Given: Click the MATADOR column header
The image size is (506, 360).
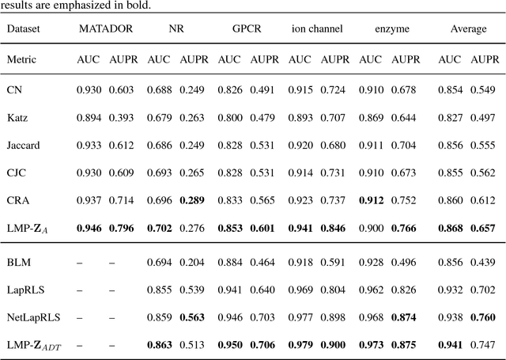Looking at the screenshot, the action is tap(104, 28).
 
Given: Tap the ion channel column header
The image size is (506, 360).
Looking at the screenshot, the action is tap(316, 28).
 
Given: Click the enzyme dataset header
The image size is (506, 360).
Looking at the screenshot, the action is tap(387, 28).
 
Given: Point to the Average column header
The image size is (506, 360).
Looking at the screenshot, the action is tap(468, 28).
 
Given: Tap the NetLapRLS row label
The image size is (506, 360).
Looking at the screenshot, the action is tap(29, 317).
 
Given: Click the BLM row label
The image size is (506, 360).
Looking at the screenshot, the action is tap(19, 260).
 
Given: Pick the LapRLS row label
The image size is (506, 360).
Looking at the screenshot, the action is tap(24, 289).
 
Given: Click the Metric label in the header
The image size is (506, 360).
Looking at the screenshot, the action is tap(21, 59).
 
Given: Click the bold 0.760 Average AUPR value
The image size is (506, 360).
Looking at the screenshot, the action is tap(485, 317).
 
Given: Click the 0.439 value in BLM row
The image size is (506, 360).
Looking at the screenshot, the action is tap(485, 260).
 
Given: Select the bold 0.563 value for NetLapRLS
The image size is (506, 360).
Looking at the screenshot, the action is tap(194, 317).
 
